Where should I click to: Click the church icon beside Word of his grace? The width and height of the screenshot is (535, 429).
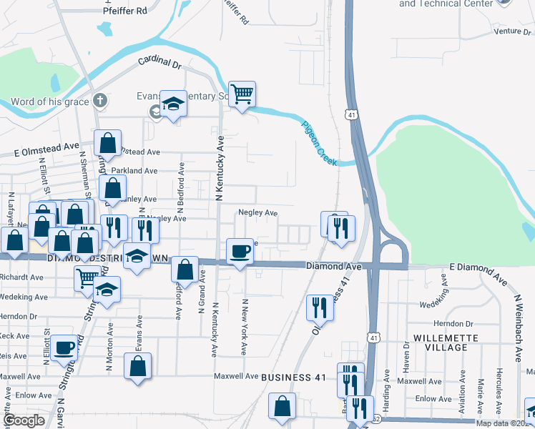(100, 102)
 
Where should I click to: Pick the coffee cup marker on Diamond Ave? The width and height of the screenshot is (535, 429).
(240, 251)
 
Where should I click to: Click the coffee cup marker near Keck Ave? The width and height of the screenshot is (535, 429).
(64, 348)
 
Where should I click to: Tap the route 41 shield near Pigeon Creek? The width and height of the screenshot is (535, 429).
(350, 115)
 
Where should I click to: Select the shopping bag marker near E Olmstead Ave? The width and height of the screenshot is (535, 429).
(107, 144)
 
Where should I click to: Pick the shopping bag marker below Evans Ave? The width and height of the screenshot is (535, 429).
(137, 367)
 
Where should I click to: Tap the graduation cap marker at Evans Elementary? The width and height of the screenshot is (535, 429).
(172, 104)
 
